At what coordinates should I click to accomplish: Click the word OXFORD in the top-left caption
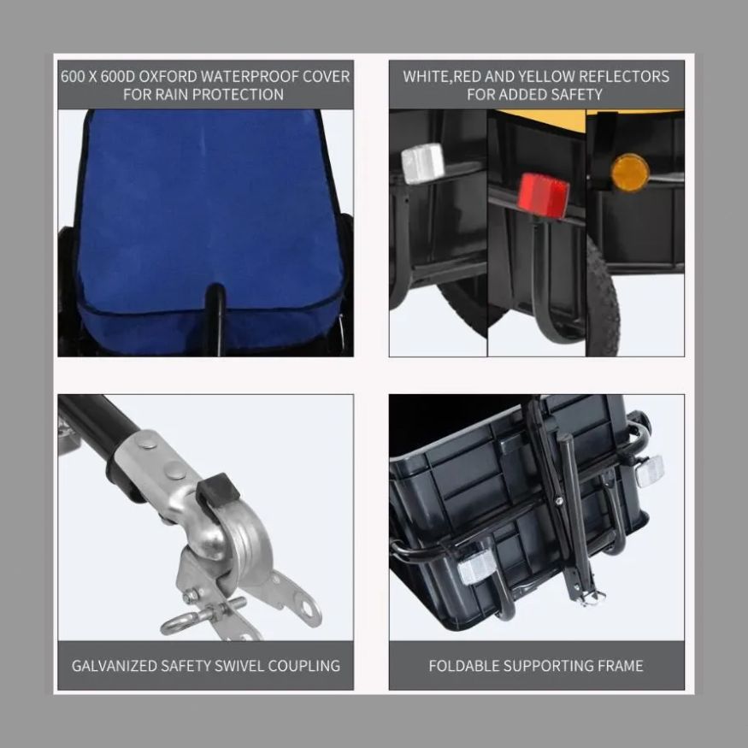point(167,76)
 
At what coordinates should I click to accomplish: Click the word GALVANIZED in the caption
point(115,665)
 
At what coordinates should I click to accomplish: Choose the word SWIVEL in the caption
point(239,665)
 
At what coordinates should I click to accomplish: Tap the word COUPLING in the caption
point(304,665)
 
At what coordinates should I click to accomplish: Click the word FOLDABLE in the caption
point(462,665)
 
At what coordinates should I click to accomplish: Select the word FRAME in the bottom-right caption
point(620,665)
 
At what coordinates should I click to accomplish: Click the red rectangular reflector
point(544,195)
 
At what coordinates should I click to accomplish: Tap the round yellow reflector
point(630,172)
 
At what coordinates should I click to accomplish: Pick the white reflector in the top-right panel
point(422,163)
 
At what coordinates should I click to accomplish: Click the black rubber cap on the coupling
point(218,490)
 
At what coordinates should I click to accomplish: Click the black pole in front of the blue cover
point(215,319)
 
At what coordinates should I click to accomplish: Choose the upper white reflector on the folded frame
point(650,471)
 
